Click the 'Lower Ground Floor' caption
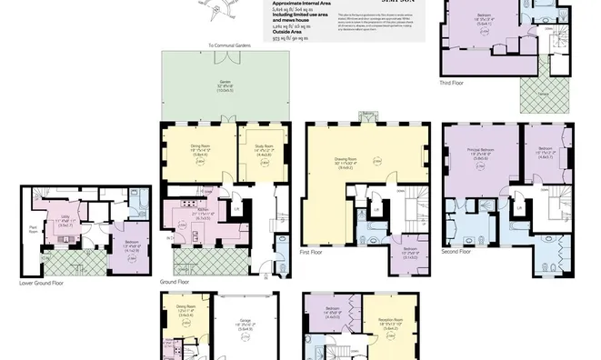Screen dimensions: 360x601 [x=41, y=283]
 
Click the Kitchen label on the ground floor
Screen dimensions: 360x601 [x=199, y=215]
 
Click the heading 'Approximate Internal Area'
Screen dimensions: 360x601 [x=303, y=4]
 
